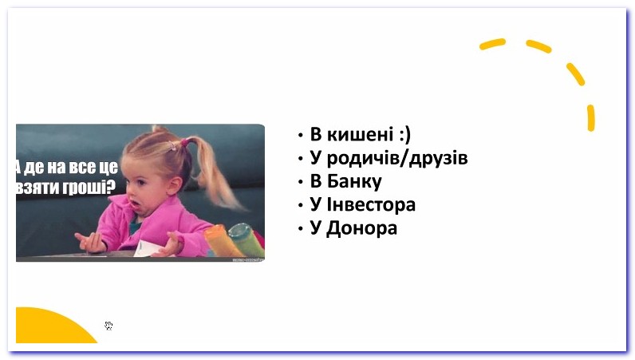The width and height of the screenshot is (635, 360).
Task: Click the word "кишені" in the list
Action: click(360, 134)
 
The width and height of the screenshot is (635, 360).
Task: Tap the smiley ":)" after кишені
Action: click(404, 135)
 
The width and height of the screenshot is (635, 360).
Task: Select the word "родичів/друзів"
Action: click(397, 158)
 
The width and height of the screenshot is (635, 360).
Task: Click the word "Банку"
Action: click(354, 181)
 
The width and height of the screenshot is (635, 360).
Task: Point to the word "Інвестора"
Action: click(371, 204)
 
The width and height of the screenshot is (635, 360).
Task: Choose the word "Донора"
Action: click(361, 227)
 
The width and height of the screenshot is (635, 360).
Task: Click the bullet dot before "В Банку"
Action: click(301, 182)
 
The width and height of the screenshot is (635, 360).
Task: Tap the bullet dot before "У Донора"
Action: click(301, 228)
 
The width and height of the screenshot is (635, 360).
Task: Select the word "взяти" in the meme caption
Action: click(38, 188)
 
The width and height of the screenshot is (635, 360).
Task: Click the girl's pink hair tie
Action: click(185, 142)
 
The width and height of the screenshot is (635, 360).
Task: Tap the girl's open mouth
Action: click(135, 204)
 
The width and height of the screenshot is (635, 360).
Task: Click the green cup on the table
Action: click(246, 239)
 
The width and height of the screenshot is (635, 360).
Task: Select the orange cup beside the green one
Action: click(222, 241)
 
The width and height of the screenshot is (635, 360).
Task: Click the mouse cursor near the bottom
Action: click(108, 326)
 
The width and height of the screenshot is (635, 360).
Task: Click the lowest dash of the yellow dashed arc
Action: click(591, 118)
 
